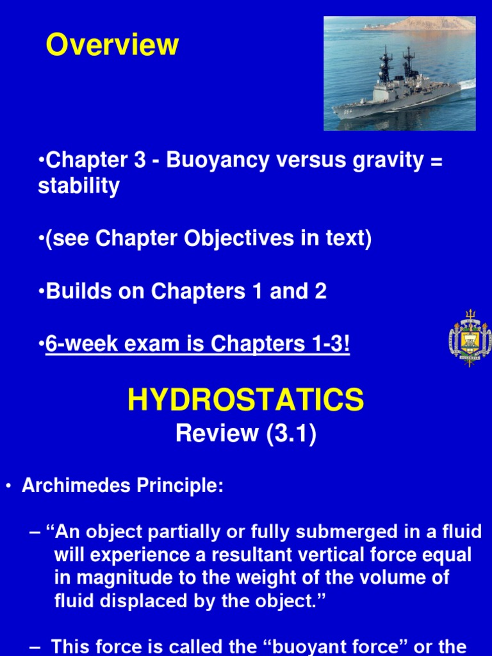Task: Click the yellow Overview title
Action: [112, 45]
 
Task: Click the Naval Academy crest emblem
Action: [471, 338]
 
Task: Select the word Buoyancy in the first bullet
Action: [217, 161]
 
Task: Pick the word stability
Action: [78, 186]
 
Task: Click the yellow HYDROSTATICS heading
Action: [245, 400]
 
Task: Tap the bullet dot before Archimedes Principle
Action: [8, 487]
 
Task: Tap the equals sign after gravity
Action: [436, 161]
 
